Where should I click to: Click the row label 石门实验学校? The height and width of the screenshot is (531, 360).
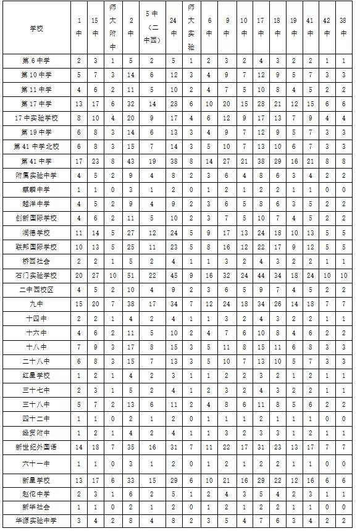tap(36, 275)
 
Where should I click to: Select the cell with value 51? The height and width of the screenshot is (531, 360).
tap(130, 275)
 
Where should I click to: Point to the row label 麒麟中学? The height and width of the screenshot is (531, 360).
tap(36, 189)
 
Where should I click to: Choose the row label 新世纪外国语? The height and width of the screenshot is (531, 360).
tap(36, 446)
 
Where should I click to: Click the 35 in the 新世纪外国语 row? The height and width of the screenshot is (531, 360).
tap(130, 446)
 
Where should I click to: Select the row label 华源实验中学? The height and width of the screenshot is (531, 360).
tap(36, 521)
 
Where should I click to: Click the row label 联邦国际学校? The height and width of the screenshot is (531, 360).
tap(36, 246)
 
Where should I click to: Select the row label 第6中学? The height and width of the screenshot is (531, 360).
tap(36, 61)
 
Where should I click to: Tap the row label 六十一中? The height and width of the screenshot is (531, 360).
tap(36, 463)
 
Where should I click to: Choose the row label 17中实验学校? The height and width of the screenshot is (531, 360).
tap(36, 117)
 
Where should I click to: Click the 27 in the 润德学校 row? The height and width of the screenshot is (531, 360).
tap(130, 232)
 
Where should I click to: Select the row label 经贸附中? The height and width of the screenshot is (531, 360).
tap(36, 432)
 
